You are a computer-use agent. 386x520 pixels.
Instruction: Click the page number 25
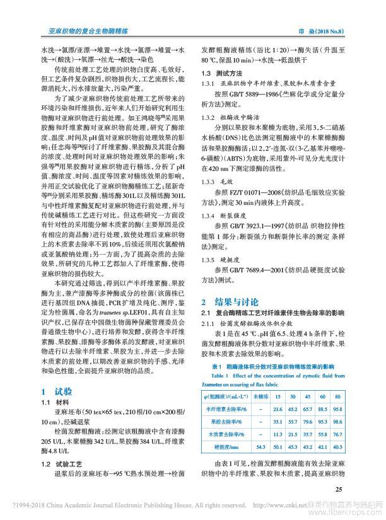[339, 488]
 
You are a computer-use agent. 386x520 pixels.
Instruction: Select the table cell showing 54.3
[259, 447]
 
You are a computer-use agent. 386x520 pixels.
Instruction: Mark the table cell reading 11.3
[276, 434]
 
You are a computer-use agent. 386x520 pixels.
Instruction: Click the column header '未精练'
[259, 396]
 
